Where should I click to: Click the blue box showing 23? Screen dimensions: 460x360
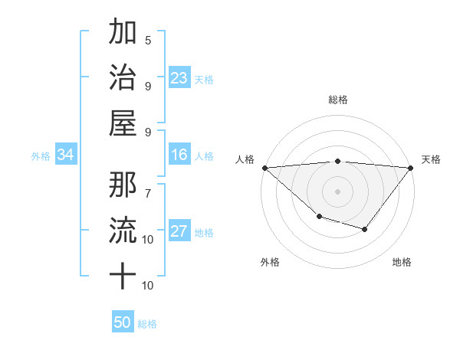pos(179,77)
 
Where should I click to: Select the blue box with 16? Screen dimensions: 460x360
pos(179,155)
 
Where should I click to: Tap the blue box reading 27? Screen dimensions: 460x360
pos(179,232)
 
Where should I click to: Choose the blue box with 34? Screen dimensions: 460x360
pos(66,155)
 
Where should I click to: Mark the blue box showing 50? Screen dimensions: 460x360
pos(123,322)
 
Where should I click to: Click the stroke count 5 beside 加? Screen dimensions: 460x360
pos(148,41)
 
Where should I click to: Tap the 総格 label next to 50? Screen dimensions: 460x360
pos(147,324)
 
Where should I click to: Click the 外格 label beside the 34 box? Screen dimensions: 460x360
pos(41,156)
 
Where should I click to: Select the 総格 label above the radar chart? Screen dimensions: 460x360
pos(337,100)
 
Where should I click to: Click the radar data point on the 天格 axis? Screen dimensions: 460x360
pos(411,168)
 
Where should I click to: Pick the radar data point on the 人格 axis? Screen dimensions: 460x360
pos(264,168)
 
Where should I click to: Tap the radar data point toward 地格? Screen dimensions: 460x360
pos(365,229)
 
